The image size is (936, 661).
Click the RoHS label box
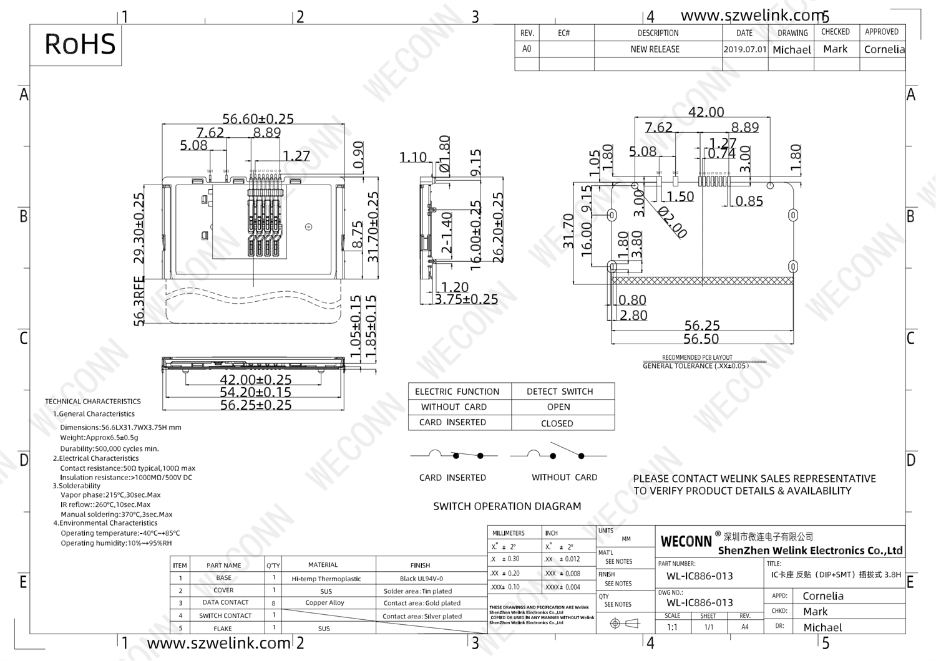click(79, 44)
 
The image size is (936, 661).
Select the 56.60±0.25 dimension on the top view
click(258, 118)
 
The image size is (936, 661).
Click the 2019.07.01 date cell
click(744, 49)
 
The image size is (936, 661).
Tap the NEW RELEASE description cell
click(655, 49)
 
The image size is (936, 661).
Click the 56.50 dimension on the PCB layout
click(701, 339)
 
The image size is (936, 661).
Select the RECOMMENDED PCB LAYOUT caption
click(696, 357)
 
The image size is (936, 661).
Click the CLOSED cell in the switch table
click(557, 423)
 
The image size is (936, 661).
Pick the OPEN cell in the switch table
click(558, 407)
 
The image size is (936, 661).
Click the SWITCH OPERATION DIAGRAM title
click(507, 506)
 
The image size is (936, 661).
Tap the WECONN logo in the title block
click(686, 541)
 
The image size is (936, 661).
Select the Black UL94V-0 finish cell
click(421, 578)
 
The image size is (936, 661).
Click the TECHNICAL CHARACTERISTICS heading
click(92, 401)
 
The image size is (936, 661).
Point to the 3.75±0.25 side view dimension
click(466, 299)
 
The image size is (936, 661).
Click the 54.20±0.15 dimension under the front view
click(255, 392)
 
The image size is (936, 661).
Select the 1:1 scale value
click(672, 627)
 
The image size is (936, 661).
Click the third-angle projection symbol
click(624, 623)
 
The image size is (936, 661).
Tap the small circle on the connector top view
click(308, 226)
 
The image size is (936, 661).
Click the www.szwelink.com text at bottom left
click(218, 643)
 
